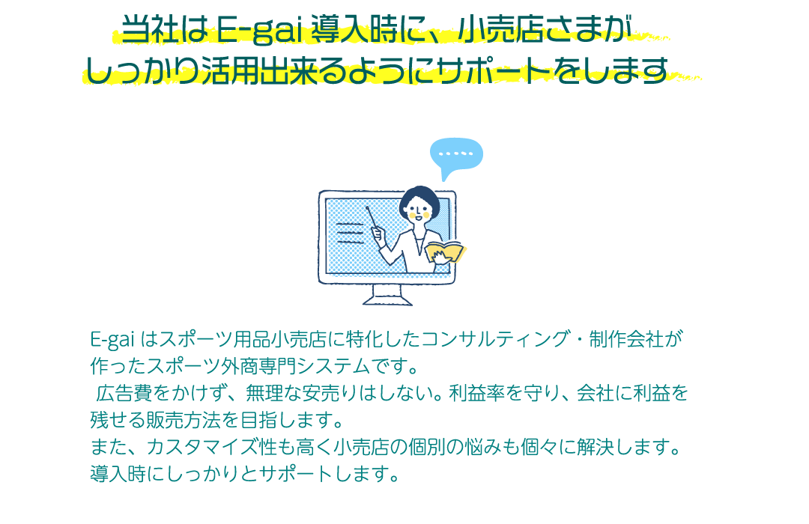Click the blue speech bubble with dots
456,154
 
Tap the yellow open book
445,252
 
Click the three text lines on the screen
351,233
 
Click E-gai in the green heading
258,30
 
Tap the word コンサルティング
496,339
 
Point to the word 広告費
124,393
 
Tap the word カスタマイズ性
212,447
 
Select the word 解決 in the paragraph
596,447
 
